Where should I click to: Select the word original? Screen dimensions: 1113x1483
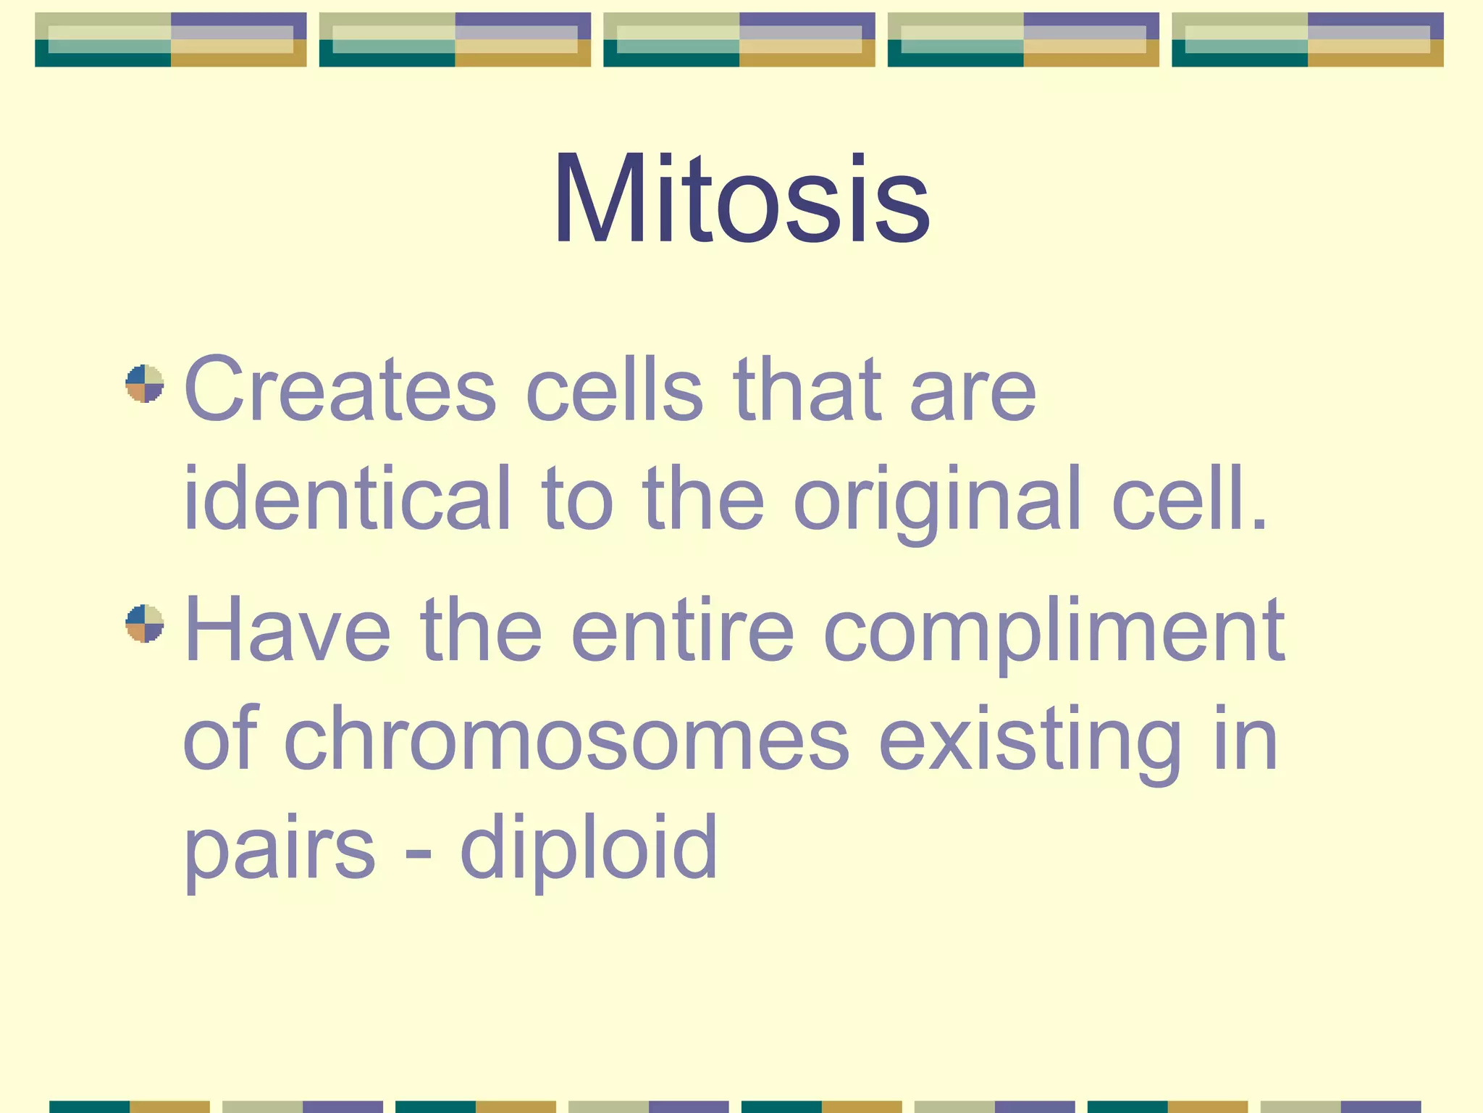(937, 500)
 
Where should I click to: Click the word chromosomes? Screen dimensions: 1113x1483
(567, 739)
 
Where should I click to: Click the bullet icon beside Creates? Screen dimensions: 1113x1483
(145, 383)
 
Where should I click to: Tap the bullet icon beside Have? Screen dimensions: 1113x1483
(145, 623)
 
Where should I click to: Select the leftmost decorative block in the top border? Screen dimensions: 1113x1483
(171, 40)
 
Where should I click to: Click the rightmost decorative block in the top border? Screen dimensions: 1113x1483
(1307, 40)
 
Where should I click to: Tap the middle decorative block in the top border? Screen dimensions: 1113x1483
(739, 40)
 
